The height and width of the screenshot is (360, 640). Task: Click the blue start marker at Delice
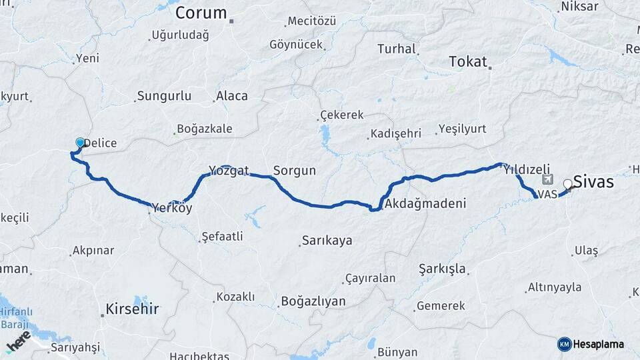point(81,143)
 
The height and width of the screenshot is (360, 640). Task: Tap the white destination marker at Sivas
point(567,184)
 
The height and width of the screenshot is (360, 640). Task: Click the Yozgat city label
point(229,171)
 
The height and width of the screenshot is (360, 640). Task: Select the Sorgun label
point(294,171)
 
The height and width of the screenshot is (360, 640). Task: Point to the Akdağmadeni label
point(425,203)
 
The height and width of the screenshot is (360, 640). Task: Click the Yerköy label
point(172,208)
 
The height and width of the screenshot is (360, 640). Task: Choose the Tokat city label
point(469,61)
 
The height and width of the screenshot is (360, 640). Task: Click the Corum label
point(201,13)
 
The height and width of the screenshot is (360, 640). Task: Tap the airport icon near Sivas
point(548,179)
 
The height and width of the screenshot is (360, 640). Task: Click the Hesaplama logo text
point(598,344)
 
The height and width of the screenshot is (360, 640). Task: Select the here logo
point(18,341)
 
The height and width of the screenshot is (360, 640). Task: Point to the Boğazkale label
point(205,129)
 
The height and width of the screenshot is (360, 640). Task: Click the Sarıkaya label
point(327,240)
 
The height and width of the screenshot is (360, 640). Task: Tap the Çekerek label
point(342,115)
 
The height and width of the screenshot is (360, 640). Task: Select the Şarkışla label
point(443,269)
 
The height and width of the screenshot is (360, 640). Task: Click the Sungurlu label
point(164,96)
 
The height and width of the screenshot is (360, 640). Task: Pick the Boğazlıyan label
point(313,301)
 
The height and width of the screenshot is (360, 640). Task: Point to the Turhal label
point(397,49)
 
